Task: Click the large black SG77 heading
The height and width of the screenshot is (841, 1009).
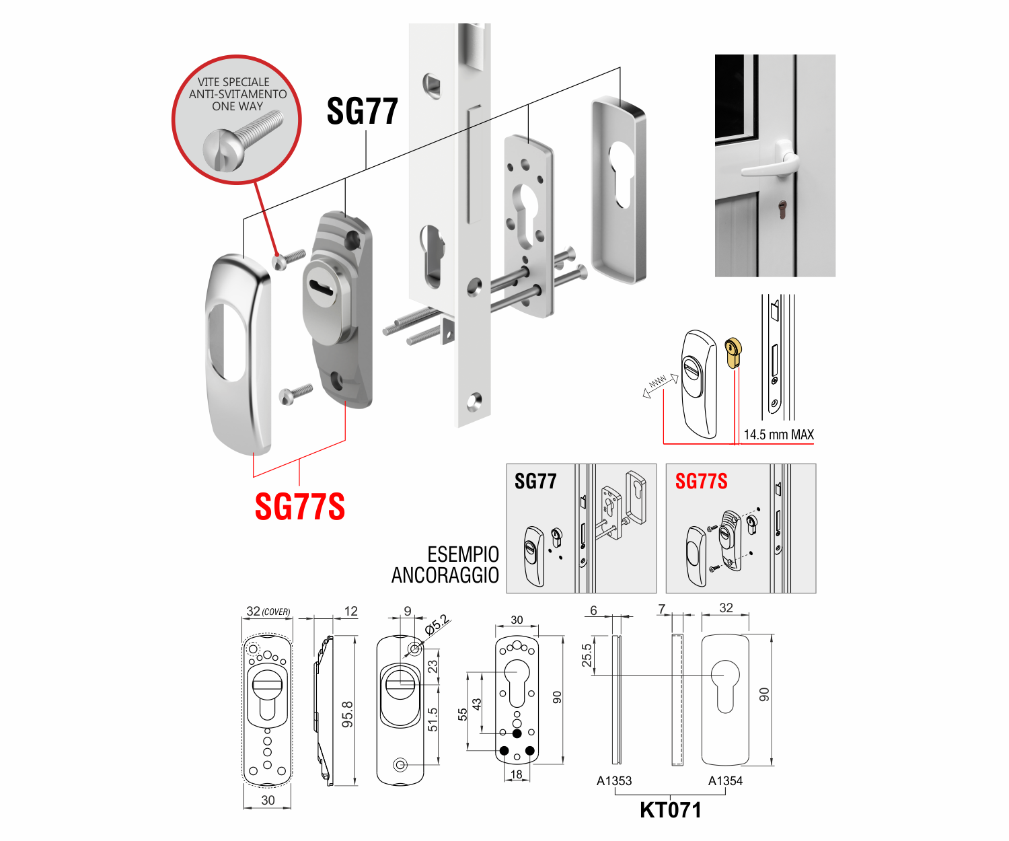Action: (363, 111)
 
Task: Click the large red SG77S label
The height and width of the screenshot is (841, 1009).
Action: (300, 507)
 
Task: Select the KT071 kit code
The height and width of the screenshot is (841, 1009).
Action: (670, 810)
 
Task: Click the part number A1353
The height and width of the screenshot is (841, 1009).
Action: (614, 780)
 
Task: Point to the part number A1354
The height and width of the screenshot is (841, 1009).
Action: (725, 780)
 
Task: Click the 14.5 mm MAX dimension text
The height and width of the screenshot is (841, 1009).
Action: (778, 435)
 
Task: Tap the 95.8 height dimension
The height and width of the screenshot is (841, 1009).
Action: (348, 714)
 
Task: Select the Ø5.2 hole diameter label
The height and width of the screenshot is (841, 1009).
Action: (437, 625)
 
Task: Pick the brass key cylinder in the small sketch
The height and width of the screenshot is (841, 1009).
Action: (733, 352)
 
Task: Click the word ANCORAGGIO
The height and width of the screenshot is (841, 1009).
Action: (445, 575)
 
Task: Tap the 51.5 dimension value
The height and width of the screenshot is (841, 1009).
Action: (433, 719)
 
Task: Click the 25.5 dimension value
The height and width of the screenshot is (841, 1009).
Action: (587, 655)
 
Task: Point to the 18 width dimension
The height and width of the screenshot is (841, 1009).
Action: (517, 774)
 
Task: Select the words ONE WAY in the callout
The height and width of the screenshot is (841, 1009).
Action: (237, 106)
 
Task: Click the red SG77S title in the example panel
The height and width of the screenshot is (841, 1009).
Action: (701, 482)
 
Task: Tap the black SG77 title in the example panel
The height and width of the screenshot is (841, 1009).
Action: (535, 482)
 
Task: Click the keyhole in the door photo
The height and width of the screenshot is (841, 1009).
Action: (782, 210)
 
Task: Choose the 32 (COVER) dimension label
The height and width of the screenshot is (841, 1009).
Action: (268, 612)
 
